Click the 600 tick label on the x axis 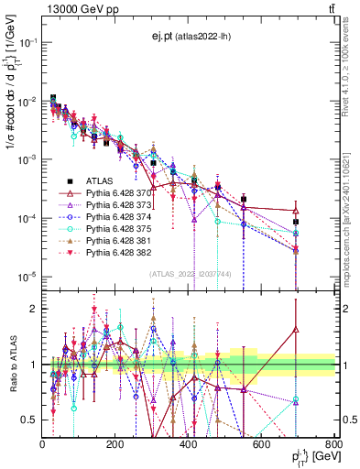coord(261,444)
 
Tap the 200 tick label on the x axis coord(115,444)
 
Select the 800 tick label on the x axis coord(333,444)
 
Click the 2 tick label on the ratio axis coord(33,309)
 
